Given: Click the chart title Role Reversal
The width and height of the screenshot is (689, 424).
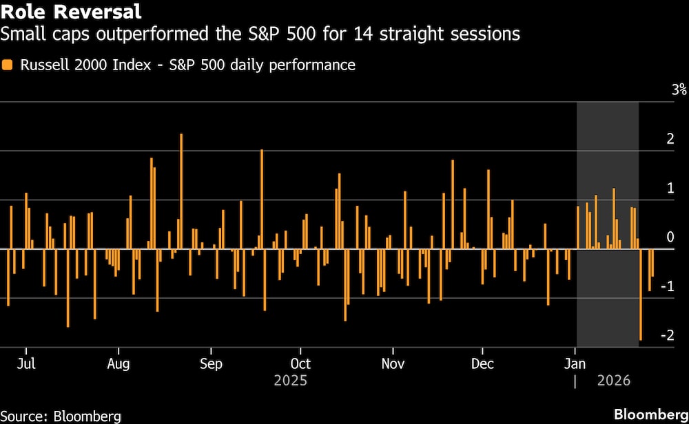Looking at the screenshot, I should (71, 12).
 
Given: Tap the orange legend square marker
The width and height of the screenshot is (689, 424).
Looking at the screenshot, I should (8, 65).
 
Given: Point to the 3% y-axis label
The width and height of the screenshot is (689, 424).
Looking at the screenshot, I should (660, 89).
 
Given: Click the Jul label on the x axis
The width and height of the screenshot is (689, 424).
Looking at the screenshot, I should (26, 363).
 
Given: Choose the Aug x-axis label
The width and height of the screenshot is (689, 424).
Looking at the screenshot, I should (119, 363).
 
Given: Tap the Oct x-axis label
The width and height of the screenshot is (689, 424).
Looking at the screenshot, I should (300, 363).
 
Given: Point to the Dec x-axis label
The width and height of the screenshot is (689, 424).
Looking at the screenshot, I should (482, 363).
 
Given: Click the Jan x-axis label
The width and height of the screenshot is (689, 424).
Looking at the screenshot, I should (575, 363).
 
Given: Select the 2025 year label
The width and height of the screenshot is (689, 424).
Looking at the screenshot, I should (290, 380).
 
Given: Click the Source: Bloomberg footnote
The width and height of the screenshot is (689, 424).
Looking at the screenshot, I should (61, 416).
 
